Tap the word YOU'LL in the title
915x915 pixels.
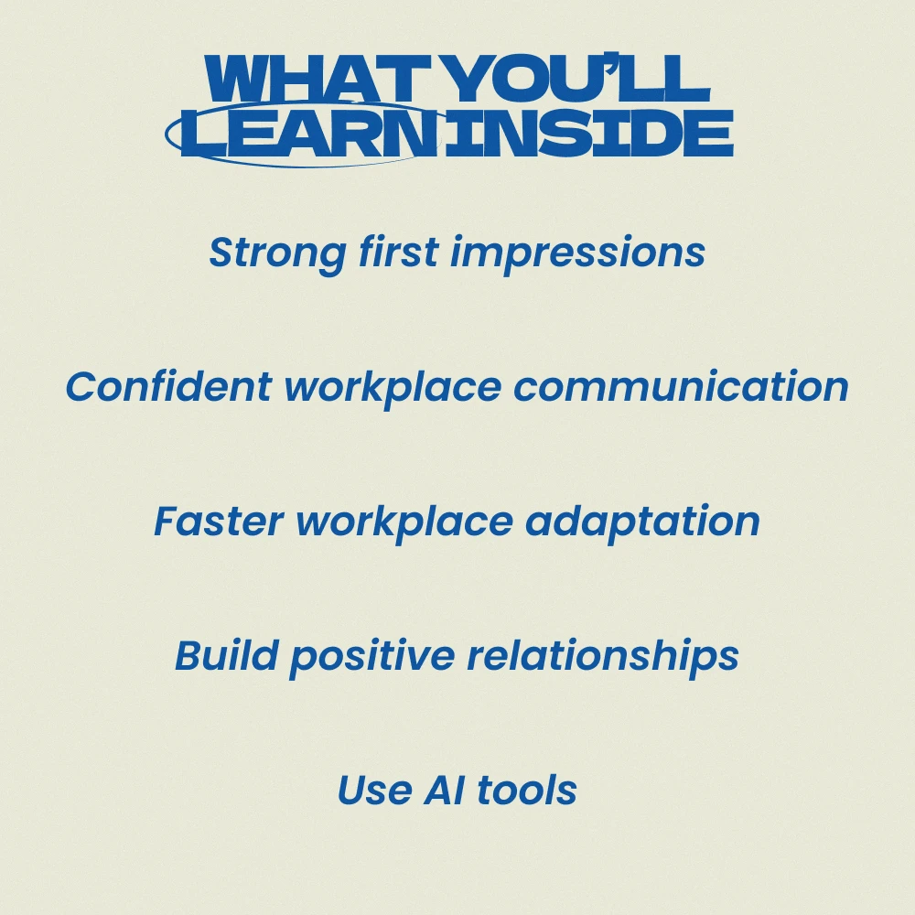tap(577, 79)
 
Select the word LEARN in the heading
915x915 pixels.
tap(310, 133)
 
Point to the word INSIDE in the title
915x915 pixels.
tap(589, 133)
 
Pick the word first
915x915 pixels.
tap(399, 252)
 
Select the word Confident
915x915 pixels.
tap(168, 386)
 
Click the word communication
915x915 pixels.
tap(681, 386)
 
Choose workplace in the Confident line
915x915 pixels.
tap(393, 388)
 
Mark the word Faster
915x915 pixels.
tap(219, 521)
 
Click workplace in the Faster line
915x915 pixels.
tap(404, 522)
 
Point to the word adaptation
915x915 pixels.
tap(642, 522)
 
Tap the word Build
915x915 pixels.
tap(226, 655)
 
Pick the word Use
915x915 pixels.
tap(374, 790)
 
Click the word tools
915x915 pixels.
tap(527, 790)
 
